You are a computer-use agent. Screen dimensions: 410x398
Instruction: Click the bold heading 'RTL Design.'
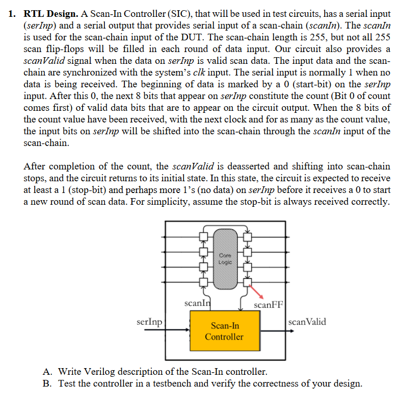49,14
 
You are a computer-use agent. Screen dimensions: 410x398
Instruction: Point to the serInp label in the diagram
150,322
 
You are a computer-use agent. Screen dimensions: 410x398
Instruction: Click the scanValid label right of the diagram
307,322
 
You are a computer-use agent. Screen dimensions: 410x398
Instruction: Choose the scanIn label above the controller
196,304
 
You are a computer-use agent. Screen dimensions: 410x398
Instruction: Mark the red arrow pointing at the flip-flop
256,290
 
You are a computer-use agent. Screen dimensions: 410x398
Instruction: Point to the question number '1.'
14,14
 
